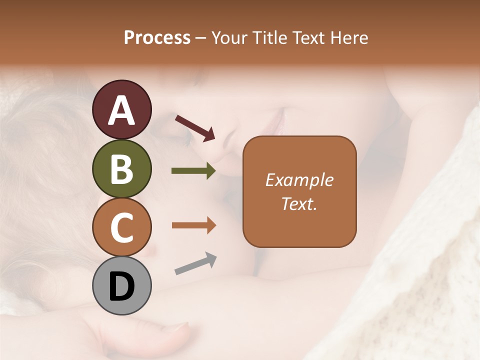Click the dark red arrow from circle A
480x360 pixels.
tap(195, 128)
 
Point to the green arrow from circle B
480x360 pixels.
tap(193, 171)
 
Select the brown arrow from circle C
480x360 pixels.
tap(193, 225)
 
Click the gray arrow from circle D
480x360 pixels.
tap(195, 263)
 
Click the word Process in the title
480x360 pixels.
tap(157, 38)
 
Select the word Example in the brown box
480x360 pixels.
tap(299, 180)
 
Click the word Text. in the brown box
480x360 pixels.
tap(299, 204)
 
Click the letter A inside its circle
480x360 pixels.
tap(121, 110)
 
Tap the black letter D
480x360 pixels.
tap(121, 287)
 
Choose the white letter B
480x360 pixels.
tap(121, 169)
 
